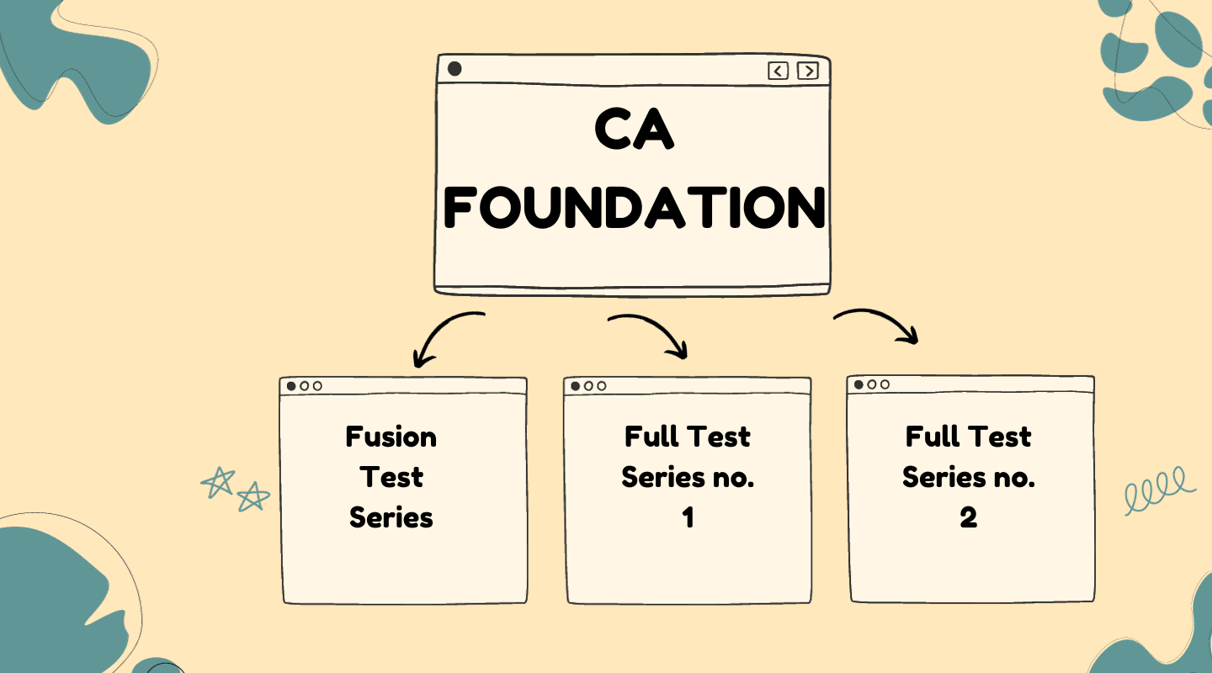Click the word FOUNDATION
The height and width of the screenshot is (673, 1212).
634,207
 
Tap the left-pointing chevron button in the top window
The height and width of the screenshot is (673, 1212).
779,71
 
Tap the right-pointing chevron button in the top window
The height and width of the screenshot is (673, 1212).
808,71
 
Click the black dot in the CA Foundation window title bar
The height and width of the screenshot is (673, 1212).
454,69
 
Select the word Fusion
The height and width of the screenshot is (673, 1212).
391,437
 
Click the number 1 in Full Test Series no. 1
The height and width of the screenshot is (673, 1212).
688,518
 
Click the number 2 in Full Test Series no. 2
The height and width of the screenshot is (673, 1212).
969,518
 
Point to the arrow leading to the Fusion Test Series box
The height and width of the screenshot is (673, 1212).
443,336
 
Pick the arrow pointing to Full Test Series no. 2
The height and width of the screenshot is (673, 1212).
880,324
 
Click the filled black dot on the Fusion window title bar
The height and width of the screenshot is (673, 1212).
291,386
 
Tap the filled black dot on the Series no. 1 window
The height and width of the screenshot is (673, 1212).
576,386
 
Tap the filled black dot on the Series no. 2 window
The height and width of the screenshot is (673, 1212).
858,384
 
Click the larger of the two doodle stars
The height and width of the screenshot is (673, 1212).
218,483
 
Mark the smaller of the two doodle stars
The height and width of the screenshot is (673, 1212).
252,497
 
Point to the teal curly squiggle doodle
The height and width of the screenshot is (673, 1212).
1159,490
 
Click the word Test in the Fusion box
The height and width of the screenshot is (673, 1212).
391,478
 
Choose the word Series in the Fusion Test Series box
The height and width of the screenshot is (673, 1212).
391,517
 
